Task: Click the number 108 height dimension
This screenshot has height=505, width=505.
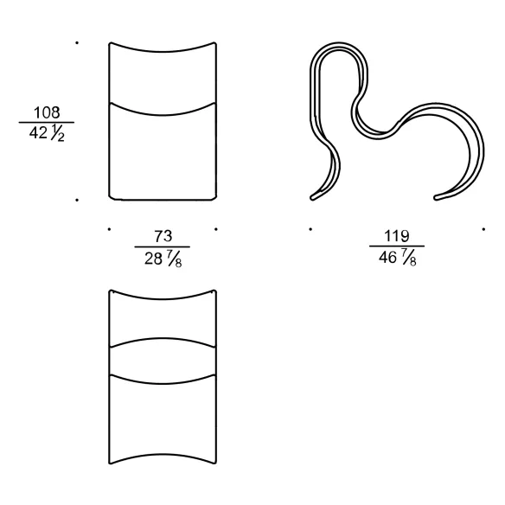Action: click(47, 112)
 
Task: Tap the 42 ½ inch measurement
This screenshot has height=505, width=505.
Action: click(47, 132)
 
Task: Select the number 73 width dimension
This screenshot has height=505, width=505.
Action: click(163, 236)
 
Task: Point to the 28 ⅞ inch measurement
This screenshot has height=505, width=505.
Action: click(163, 259)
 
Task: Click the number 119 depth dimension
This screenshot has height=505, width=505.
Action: click(397, 236)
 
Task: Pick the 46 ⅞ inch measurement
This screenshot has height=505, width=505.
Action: click(398, 258)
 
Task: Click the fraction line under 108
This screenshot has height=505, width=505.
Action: click(47, 123)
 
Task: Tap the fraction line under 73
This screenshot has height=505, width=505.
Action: click(163, 247)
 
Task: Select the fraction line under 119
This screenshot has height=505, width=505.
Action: click(397, 246)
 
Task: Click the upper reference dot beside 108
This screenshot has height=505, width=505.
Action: click(77, 42)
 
